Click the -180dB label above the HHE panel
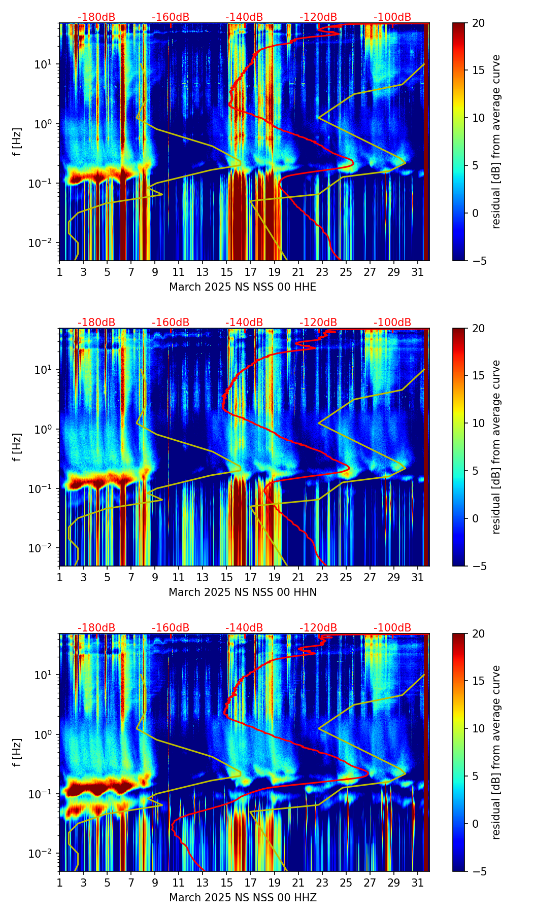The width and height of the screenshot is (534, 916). click(x=96, y=17)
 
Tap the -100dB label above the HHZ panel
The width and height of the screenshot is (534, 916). click(x=392, y=628)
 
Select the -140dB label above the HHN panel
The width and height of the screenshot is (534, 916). click(x=244, y=323)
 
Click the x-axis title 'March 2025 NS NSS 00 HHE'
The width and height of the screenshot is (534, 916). click(x=243, y=287)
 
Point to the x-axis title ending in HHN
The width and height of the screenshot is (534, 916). click(x=243, y=592)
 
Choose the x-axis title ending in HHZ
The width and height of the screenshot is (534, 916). click(x=243, y=898)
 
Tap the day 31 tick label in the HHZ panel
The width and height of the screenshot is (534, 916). click(x=417, y=883)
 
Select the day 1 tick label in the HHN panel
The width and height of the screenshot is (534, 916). click(x=59, y=577)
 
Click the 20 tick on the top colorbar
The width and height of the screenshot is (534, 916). click(x=478, y=23)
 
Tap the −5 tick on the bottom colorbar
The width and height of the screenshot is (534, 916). click(x=476, y=871)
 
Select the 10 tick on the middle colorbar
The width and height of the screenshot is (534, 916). click(x=478, y=423)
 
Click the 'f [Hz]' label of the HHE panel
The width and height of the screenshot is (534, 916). click(x=17, y=142)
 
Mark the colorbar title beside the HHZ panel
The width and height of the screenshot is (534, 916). click(x=496, y=752)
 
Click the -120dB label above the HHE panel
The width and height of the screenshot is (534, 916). click(x=318, y=17)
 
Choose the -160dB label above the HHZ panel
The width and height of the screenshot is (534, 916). click(x=171, y=628)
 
